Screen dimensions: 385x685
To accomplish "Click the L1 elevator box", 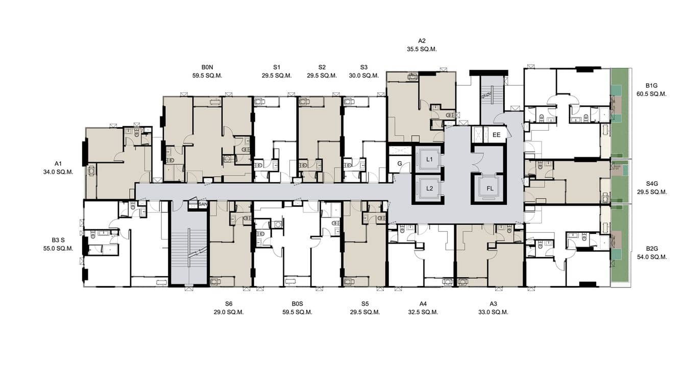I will pos(429,159).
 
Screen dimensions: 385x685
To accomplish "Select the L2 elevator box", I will pos(429,188).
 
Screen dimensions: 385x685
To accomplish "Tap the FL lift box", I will pos(490,188).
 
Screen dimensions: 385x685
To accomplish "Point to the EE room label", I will pos(496,135).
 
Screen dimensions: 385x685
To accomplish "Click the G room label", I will pos(399,164).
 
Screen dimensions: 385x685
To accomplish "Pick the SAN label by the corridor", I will pos(203,205).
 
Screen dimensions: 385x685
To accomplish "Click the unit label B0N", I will pos(207,67).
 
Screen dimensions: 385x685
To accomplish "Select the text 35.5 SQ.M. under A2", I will pos(422,50).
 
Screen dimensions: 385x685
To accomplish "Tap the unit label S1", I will pos(277,67).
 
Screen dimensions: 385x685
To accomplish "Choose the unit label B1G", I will pos(651,85).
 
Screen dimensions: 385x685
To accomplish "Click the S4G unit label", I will pos(651,183).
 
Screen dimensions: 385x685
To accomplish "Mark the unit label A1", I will pos(58,163).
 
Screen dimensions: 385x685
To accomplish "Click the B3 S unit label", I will pos(58,239).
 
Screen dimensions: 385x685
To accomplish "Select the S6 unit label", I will pos(229,304).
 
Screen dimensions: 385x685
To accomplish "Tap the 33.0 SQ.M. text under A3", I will pos(493,312).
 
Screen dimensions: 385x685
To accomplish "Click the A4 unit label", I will pos(423,304).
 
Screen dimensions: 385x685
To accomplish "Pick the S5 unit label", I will pos(364,304).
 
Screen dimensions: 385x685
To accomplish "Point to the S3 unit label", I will pos(363,67).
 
